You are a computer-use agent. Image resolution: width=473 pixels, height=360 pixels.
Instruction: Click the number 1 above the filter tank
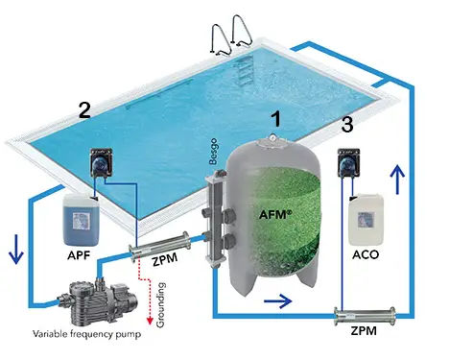click(276, 120)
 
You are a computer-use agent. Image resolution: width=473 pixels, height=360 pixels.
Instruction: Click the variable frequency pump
click(91, 297)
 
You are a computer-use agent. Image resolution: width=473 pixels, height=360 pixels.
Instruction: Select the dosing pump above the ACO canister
click(351, 164)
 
